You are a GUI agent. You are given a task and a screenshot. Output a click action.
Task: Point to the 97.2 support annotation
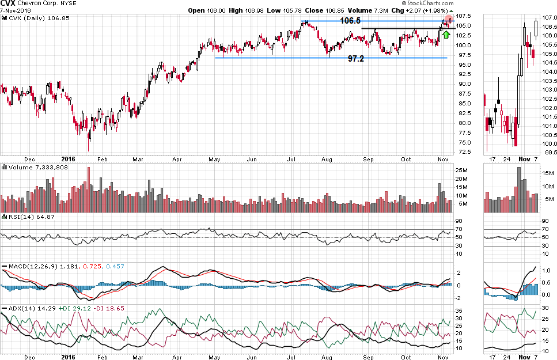tap(355, 59)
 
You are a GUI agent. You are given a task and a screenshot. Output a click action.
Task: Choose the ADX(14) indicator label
tap(16, 309)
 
